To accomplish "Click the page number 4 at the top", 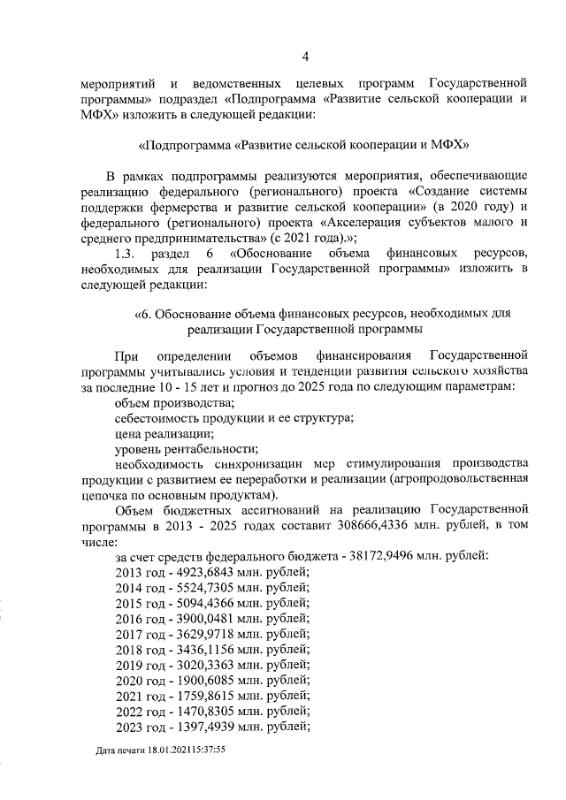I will tap(304, 58).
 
